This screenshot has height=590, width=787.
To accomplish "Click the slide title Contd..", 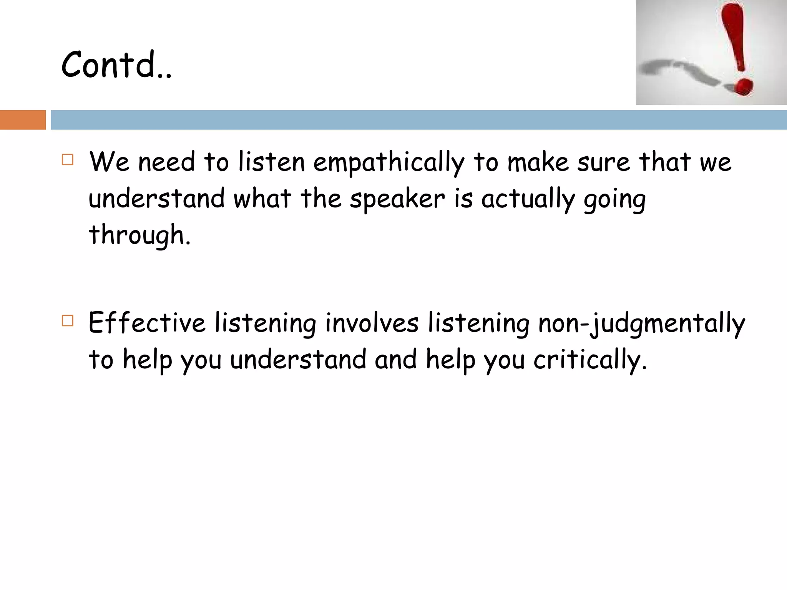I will click(x=116, y=65).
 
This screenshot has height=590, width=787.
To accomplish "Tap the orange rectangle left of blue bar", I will click(x=23, y=120).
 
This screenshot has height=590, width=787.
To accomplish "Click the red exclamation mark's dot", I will click(x=744, y=86).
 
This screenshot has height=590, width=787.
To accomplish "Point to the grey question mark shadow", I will click(x=680, y=71).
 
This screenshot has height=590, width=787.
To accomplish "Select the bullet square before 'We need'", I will click(x=68, y=159).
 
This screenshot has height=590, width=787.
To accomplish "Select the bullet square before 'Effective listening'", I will click(x=68, y=320).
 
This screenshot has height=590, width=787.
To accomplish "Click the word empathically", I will click(x=389, y=162).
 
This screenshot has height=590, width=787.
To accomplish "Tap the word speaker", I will click(x=397, y=199).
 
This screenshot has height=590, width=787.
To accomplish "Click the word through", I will click(x=139, y=235).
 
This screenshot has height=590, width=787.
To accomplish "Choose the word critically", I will click(x=590, y=360).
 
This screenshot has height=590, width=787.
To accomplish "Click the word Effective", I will click(x=147, y=323).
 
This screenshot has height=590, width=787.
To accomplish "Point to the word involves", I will click(x=372, y=323).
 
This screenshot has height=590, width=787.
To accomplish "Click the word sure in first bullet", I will click(x=603, y=162).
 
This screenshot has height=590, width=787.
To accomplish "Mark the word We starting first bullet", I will click(x=109, y=162).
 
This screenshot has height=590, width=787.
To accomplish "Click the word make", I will click(x=538, y=162).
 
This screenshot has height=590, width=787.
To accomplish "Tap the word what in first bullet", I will click(x=262, y=199).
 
